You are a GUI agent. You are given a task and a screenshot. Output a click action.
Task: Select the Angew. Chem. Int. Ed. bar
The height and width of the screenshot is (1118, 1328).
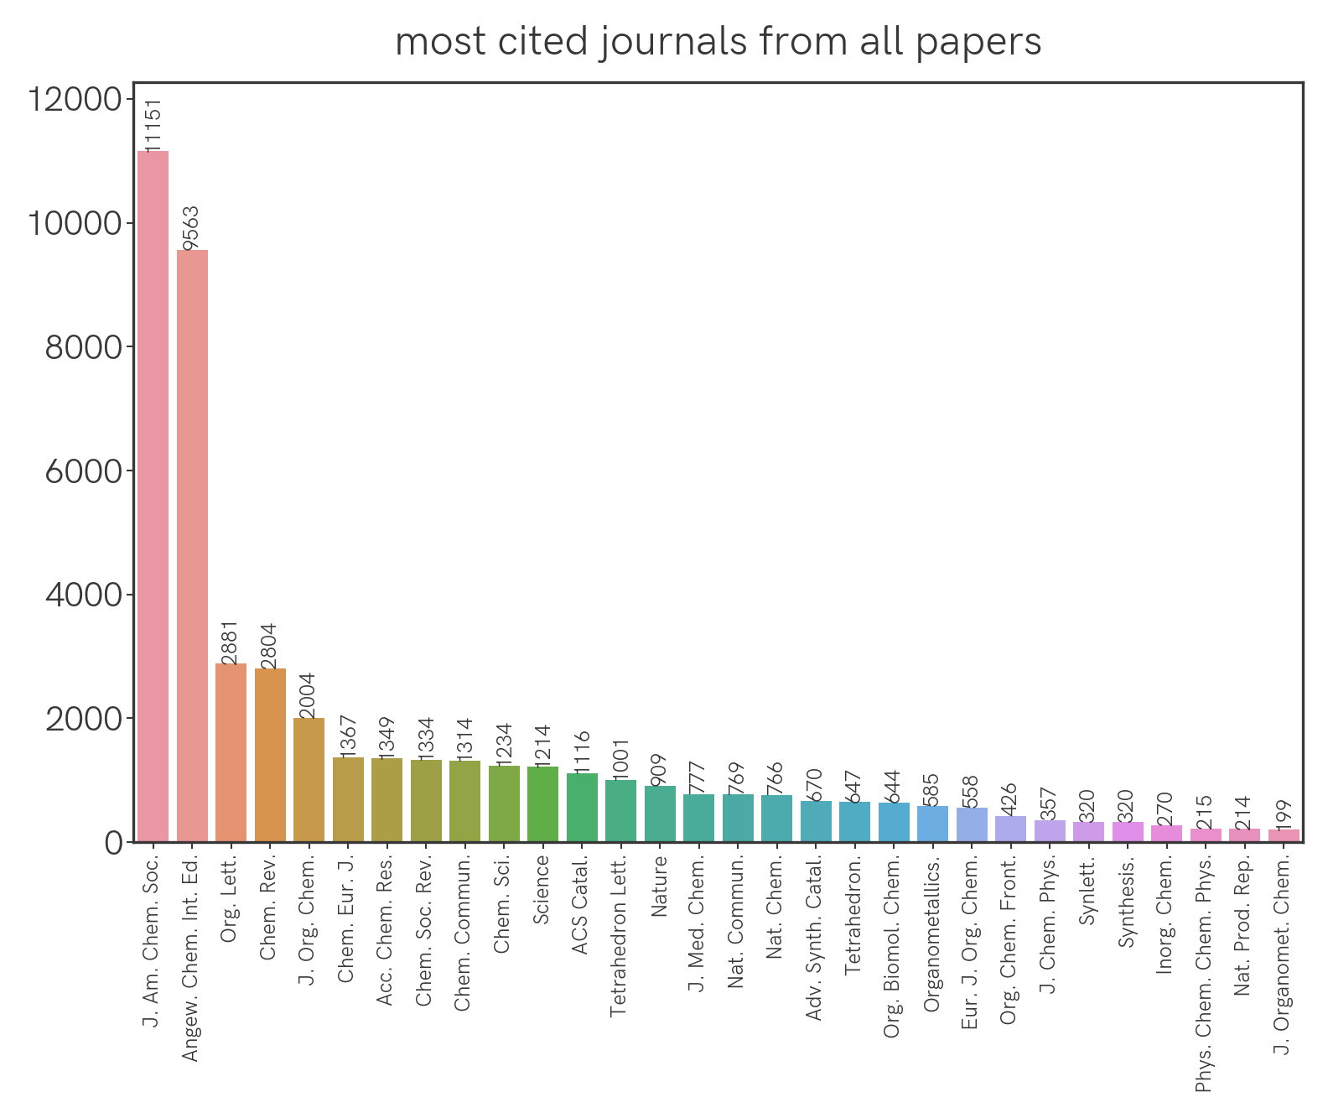point(192,545)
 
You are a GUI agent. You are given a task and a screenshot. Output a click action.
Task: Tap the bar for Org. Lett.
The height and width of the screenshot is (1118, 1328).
point(231,752)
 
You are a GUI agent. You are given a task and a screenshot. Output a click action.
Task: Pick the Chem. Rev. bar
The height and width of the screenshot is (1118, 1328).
point(270,755)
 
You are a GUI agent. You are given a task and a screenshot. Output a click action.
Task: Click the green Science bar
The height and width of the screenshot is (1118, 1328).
point(542,803)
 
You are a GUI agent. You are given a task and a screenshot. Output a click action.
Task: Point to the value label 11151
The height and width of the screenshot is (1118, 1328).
point(153,124)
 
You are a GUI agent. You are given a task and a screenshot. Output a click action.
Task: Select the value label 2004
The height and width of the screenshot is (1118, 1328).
point(309,695)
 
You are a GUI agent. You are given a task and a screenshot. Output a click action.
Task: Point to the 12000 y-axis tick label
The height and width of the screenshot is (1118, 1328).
point(75,100)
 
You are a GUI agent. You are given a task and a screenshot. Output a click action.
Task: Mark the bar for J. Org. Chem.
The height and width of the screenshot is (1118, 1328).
point(309,779)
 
